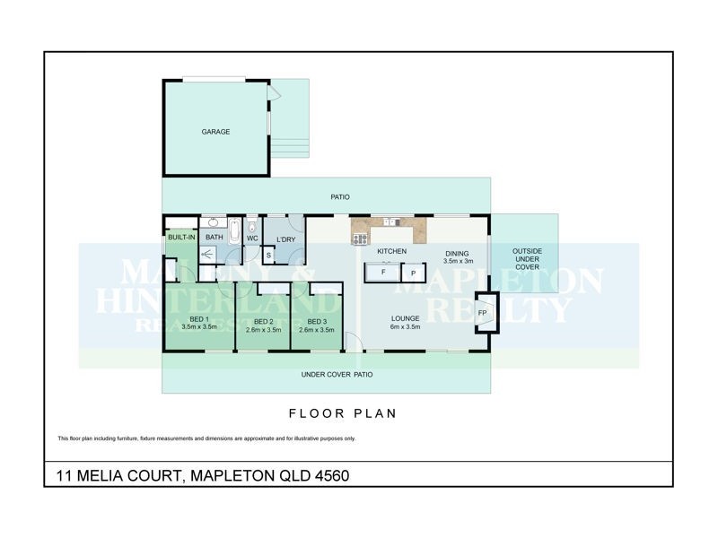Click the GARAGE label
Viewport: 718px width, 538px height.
(x=215, y=132)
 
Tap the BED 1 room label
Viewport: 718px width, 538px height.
(x=198, y=320)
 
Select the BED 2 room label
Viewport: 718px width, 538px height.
(x=263, y=321)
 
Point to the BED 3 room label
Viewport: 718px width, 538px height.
(x=316, y=321)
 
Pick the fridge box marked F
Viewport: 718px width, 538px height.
(x=383, y=272)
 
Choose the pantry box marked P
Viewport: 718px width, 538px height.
(x=413, y=273)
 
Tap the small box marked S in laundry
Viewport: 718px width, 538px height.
(x=268, y=256)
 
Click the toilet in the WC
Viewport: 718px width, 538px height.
(x=252, y=224)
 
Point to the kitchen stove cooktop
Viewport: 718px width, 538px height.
(x=360, y=239)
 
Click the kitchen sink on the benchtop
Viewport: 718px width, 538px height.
(x=392, y=221)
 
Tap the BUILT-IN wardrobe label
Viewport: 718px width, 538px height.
(x=182, y=237)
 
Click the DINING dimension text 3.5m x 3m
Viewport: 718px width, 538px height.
(x=457, y=261)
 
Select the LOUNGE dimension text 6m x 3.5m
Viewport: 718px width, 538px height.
(x=405, y=326)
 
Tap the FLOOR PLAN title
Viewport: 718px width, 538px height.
(x=342, y=414)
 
